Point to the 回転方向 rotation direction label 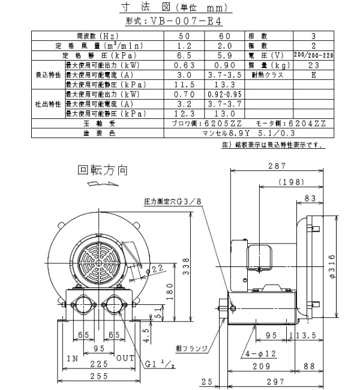point(103,170)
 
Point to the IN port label point(73,359)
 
